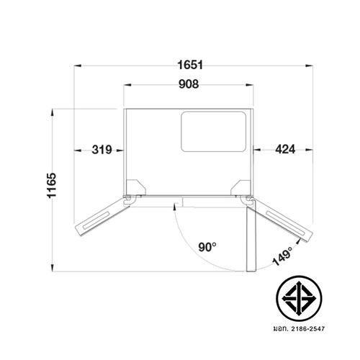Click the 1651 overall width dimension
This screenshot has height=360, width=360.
click(190, 65)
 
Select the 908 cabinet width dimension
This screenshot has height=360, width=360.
click(189, 84)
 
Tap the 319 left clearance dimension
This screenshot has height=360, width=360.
click(102, 150)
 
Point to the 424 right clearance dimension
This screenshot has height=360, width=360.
click(285, 149)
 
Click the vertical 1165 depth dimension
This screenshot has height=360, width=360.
click(51, 185)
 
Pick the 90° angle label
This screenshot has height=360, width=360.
click(207, 247)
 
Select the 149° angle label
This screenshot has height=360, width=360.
click(283, 256)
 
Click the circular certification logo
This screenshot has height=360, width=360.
click(299, 299)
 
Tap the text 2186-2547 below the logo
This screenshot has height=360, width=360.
click(308, 328)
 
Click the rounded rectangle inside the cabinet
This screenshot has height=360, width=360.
click(213, 132)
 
